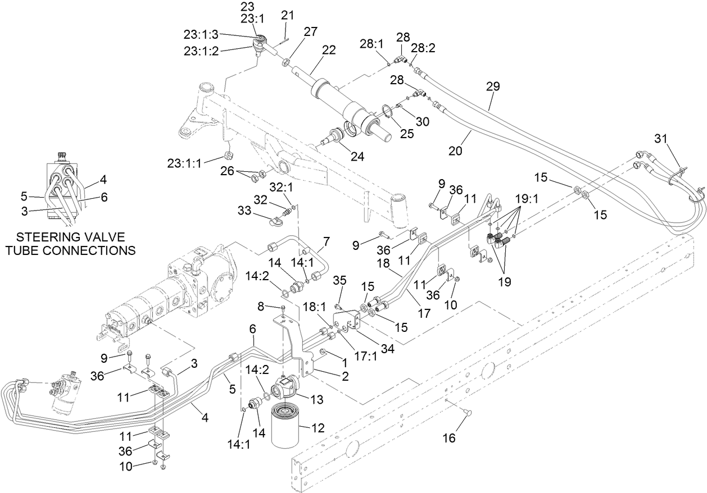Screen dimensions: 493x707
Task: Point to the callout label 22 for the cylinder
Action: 329,49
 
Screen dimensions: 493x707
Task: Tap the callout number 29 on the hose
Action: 493,86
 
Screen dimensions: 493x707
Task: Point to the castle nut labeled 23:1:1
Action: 228,155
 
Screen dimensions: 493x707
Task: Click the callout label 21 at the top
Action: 287,16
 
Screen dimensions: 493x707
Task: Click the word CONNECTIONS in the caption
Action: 70,250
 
